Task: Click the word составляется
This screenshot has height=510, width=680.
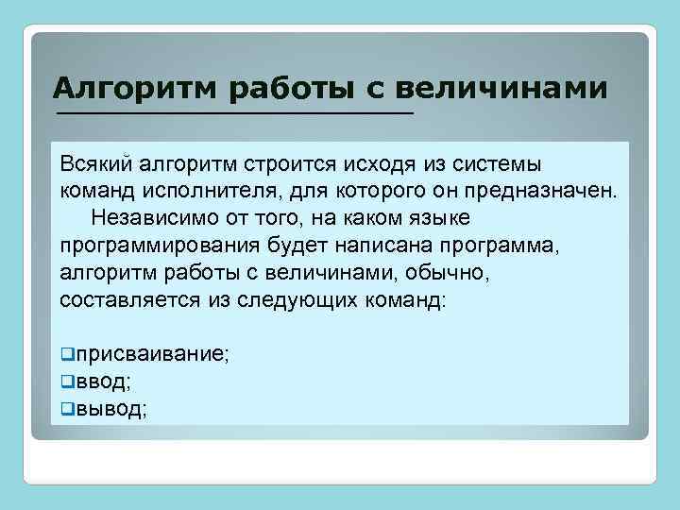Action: pyautogui.click(x=128, y=302)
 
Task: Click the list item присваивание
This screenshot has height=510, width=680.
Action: pyautogui.click(x=151, y=355)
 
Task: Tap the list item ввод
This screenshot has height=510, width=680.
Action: pyautogui.click(x=101, y=382)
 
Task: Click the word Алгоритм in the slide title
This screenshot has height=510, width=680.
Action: pyautogui.click(x=133, y=89)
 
